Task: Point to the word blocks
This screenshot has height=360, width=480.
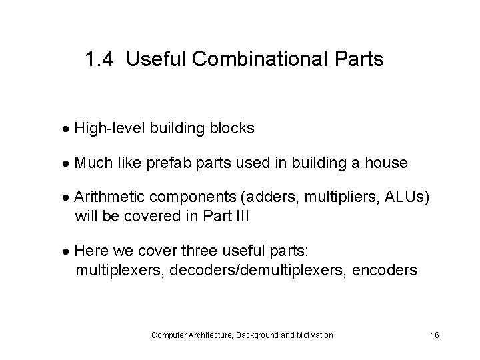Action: pos(233,128)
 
